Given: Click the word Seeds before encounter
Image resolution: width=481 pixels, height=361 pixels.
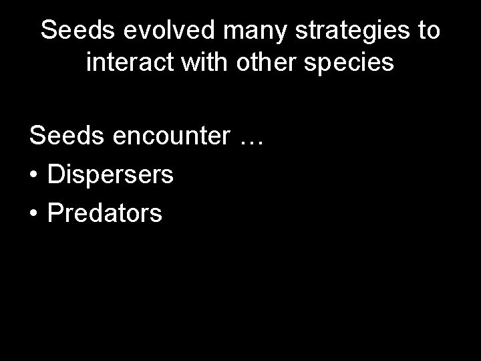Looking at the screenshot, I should [x=64, y=137].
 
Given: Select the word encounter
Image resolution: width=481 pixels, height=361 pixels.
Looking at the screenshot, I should [x=170, y=138].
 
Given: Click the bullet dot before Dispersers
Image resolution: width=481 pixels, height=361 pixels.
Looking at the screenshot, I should [x=34, y=176].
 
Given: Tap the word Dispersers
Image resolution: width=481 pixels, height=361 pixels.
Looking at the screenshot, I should [x=110, y=176].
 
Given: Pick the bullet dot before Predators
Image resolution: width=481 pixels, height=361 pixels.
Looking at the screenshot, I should [x=34, y=213].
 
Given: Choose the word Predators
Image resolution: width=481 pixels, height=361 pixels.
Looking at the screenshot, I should [x=104, y=213].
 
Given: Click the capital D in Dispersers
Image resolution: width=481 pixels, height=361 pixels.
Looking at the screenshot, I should [x=55, y=176].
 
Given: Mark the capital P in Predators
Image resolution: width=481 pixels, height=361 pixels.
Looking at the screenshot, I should [x=55, y=213].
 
